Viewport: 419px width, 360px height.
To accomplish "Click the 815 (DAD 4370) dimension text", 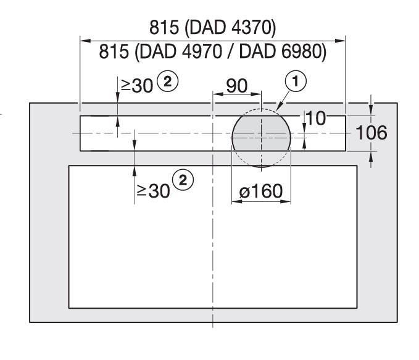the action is point(212,27).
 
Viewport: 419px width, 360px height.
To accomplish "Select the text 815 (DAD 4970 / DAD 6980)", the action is point(213,51).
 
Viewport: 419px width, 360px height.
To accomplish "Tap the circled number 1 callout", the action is point(296,81).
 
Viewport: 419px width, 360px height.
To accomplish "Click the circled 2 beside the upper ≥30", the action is point(167,82).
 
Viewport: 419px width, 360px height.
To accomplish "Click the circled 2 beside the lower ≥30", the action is point(183,180).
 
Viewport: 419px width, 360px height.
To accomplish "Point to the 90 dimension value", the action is point(237,86).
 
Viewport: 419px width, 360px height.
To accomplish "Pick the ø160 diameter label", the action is point(261,191).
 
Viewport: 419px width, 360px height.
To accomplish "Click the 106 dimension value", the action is point(371,133).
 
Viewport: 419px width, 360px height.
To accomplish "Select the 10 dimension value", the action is point(316,118).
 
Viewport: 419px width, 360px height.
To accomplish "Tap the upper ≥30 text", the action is point(137,86).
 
